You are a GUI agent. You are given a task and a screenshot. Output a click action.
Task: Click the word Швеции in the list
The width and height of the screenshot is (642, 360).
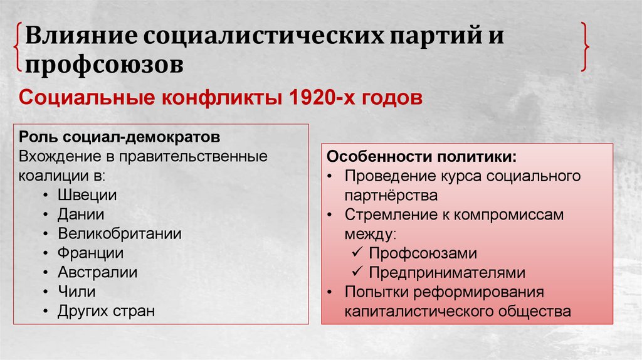tap(87, 194)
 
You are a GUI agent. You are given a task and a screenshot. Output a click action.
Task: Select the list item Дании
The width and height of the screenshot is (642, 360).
tap(81, 214)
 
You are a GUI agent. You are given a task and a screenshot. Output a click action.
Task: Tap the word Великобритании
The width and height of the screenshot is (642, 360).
tap(120, 233)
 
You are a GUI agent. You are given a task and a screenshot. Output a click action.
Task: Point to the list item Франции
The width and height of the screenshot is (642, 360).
tap(91, 253)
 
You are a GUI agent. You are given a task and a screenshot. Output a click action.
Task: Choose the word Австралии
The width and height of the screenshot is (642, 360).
tap(97, 272)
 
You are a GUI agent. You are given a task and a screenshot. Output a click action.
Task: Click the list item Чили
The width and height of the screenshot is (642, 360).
tap(76, 292)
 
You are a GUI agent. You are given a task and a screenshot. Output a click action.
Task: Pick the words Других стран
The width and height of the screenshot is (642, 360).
tap(106, 311)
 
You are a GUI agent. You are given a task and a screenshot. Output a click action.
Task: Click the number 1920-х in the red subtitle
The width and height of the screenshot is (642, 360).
tap(317, 98)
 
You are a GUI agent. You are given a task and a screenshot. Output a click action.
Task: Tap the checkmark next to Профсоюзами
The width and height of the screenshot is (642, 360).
tap(357, 253)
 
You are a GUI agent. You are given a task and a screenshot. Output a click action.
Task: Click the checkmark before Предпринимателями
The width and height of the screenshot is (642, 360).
tap(357, 273)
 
